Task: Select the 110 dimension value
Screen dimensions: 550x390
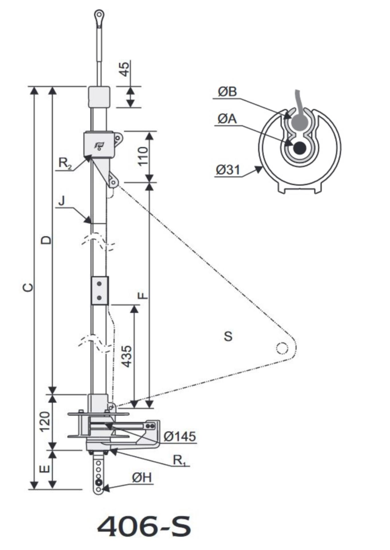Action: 143,156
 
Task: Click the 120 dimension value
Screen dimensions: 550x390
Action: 45,422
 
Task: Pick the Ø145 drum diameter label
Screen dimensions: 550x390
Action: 180,437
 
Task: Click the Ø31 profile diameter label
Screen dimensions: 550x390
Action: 228,170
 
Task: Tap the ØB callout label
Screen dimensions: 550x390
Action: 227,92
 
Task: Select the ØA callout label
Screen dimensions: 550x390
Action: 227,119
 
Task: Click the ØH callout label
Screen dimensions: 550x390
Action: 142,478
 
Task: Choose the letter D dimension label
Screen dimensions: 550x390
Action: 46,240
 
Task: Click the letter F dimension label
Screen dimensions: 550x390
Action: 143,295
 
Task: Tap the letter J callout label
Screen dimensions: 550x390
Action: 61,201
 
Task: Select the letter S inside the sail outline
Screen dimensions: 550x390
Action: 228,336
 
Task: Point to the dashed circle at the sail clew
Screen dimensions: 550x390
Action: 282,348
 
